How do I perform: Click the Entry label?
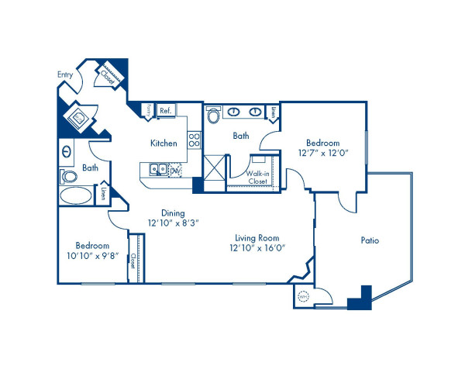coord(65,74)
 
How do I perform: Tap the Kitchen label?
coord(164,143)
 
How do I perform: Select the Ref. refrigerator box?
coord(165,111)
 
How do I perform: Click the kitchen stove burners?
coord(195,140)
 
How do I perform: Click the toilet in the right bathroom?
coord(214,116)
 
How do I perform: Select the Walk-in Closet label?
coord(258,177)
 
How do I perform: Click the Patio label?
coord(370,240)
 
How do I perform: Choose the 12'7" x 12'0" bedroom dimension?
coord(322,153)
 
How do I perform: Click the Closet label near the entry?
coord(108,75)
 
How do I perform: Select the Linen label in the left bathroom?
coord(102,194)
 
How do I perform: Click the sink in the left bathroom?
coord(67,151)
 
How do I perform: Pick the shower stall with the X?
coord(215,168)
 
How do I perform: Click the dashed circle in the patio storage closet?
coord(304,295)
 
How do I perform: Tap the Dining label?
coord(173,212)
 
